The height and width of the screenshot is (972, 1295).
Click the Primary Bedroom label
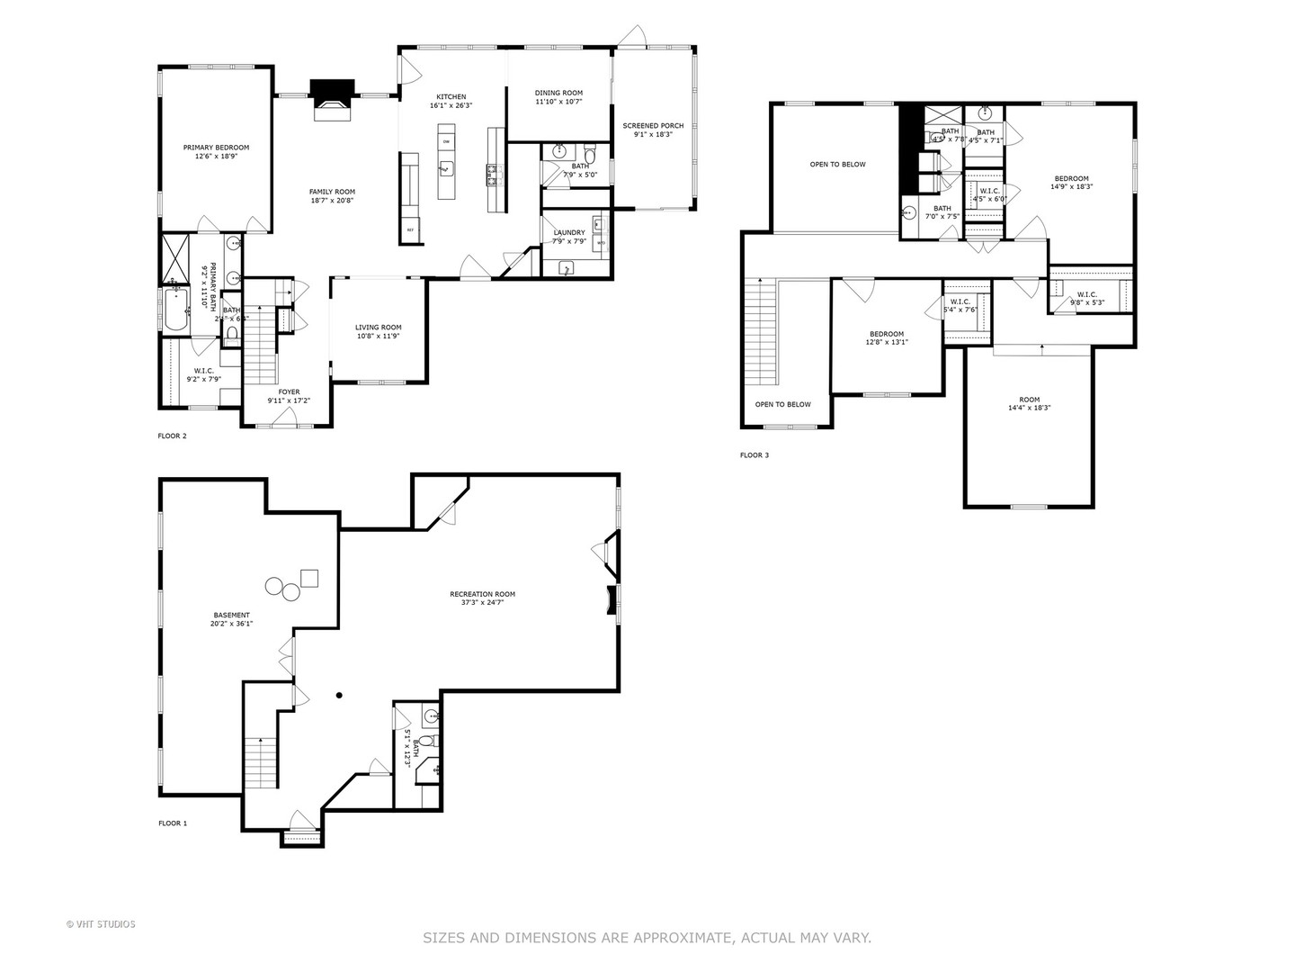216,148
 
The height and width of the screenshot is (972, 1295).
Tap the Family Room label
332,192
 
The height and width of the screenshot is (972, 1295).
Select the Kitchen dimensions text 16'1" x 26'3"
451,105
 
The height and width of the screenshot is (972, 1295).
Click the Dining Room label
558,93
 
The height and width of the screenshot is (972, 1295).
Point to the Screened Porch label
653,126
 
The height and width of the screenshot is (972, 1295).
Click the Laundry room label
569,232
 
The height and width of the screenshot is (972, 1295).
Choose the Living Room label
378,328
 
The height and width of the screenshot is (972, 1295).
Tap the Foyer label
289,392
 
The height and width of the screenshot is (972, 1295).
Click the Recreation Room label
482,594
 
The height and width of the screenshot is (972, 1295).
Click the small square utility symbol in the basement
308,577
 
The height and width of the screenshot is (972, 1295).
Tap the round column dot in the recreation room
340,695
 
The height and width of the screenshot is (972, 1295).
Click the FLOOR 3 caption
754,455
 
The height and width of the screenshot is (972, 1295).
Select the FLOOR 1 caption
173,823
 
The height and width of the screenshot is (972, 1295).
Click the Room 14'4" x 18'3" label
1029,400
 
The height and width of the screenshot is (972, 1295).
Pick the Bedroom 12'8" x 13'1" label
887,334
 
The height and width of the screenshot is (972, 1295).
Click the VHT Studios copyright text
101,924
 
